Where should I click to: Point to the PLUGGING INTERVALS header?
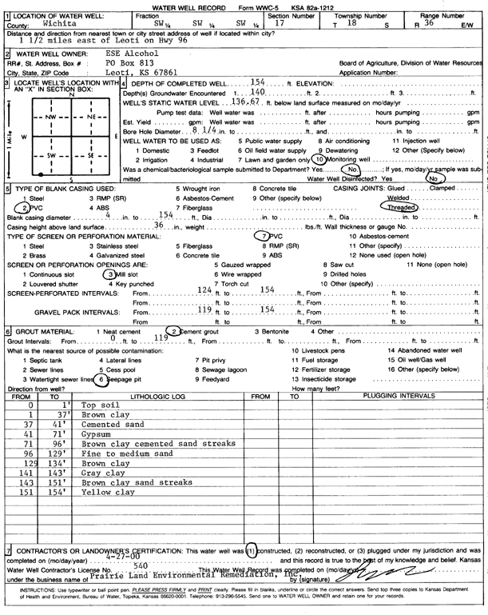click(397, 396)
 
